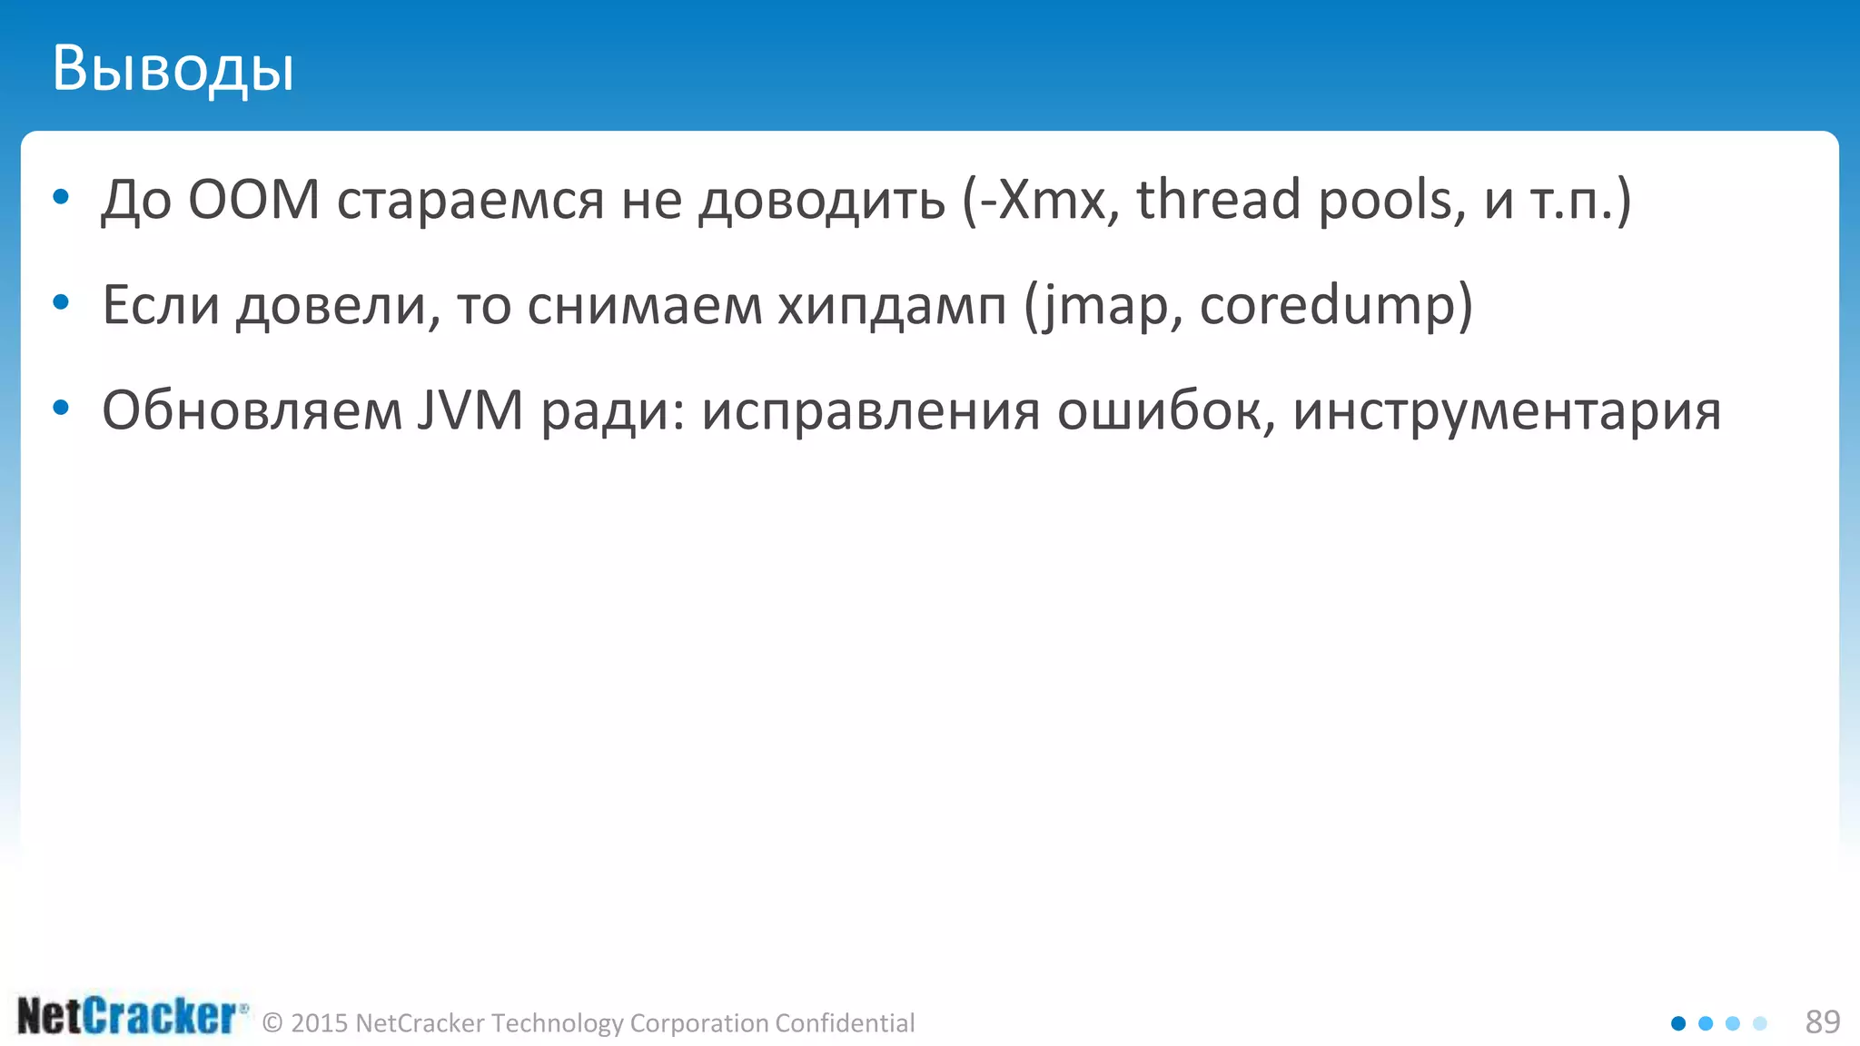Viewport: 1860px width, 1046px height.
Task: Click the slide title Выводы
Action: coord(173,69)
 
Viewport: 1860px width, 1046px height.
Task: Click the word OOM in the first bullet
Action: coord(253,200)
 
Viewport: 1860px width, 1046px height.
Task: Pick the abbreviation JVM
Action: coord(470,410)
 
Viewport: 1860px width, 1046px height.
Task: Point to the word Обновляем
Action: coord(252,410)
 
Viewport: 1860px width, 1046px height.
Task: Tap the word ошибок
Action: coord(1159,410)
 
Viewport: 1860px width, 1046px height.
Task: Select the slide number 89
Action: coord(1822,1022)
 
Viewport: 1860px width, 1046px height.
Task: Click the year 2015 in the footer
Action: coord(320,1023)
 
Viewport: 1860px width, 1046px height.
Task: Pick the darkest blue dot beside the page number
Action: coord(1678,1023)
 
